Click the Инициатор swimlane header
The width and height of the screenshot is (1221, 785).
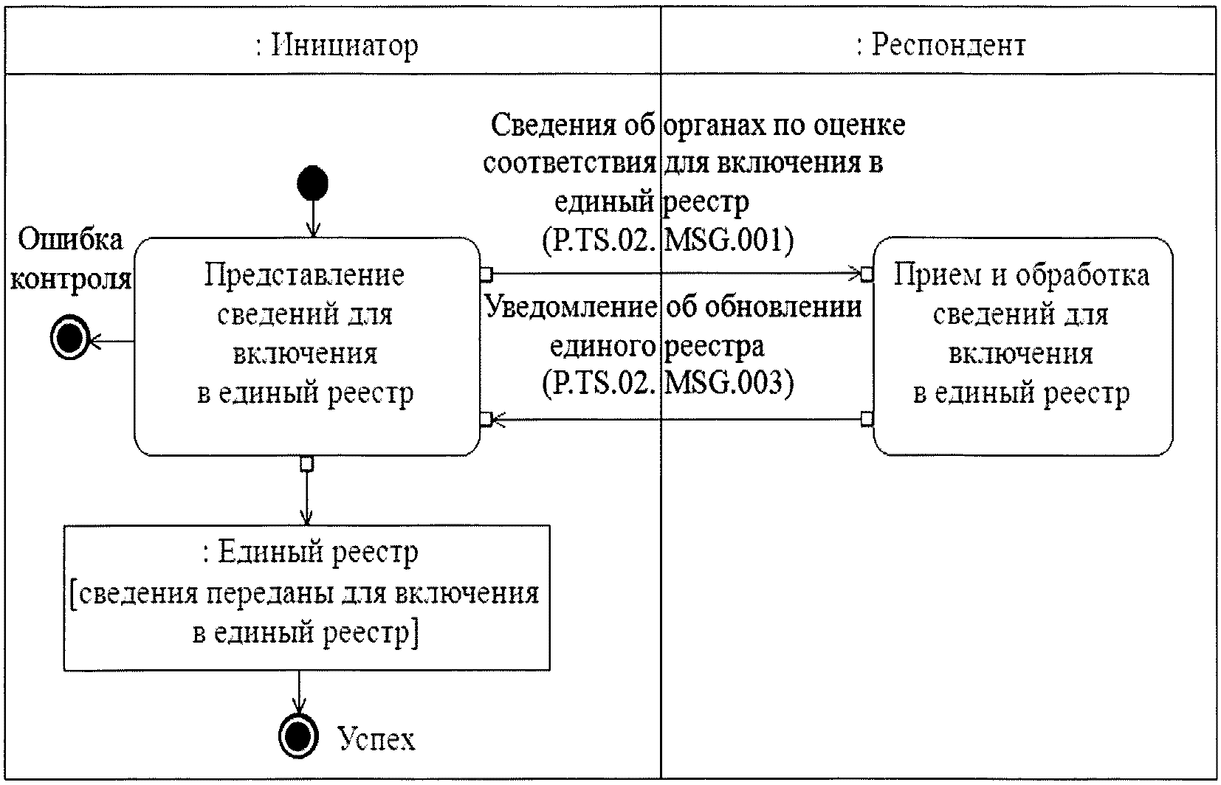tap(337, 46)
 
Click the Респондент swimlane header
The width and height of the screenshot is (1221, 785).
tap(940, 46)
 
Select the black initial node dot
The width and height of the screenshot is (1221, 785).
tap(313, 183)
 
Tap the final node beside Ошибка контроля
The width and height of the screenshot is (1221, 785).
tap(69, 340)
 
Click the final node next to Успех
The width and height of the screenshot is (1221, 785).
tap(298, 736)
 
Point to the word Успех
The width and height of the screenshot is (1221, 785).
tap(376, 738)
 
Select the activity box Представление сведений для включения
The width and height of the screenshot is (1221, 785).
tap(306, 345)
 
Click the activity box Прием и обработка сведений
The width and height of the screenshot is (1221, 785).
tap(1022, 345)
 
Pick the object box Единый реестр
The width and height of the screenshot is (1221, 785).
tap(306, 596)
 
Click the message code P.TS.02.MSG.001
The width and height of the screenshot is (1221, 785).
tap(667, 241)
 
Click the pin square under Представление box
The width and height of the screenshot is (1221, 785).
tap(307, 463)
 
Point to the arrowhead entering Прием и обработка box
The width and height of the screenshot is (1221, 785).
tap(859, 274)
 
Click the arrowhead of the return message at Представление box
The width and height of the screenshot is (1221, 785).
tap(495, 420)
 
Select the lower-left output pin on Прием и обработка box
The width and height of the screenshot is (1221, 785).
tap(868, 419)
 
